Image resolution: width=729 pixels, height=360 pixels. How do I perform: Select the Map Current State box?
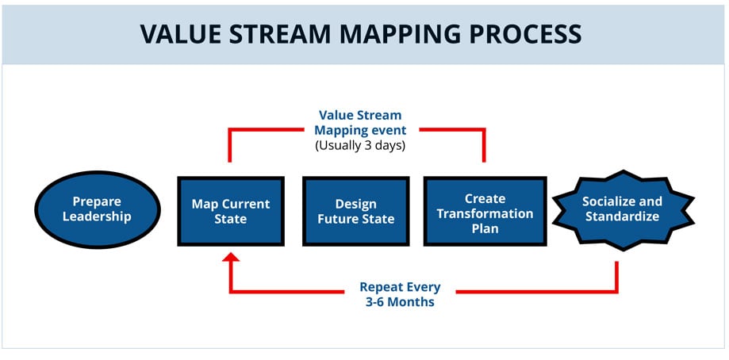[x=231, y=211]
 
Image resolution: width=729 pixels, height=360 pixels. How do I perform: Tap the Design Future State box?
[x=356, y=211]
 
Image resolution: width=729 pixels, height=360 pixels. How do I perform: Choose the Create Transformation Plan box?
[x=485, y=211]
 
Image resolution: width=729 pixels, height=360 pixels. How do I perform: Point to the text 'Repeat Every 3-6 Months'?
[x=400, y=294]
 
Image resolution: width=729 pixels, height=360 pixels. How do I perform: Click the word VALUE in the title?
[x=181, y=33]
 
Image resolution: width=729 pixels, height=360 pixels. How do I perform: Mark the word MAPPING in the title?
[x=405, y=33]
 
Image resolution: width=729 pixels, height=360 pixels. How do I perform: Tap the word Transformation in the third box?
[x=485, y=213]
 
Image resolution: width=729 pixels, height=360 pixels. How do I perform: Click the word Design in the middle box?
[x=356, y=204]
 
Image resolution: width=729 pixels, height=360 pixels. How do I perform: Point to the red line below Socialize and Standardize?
[x=617, y=274]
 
